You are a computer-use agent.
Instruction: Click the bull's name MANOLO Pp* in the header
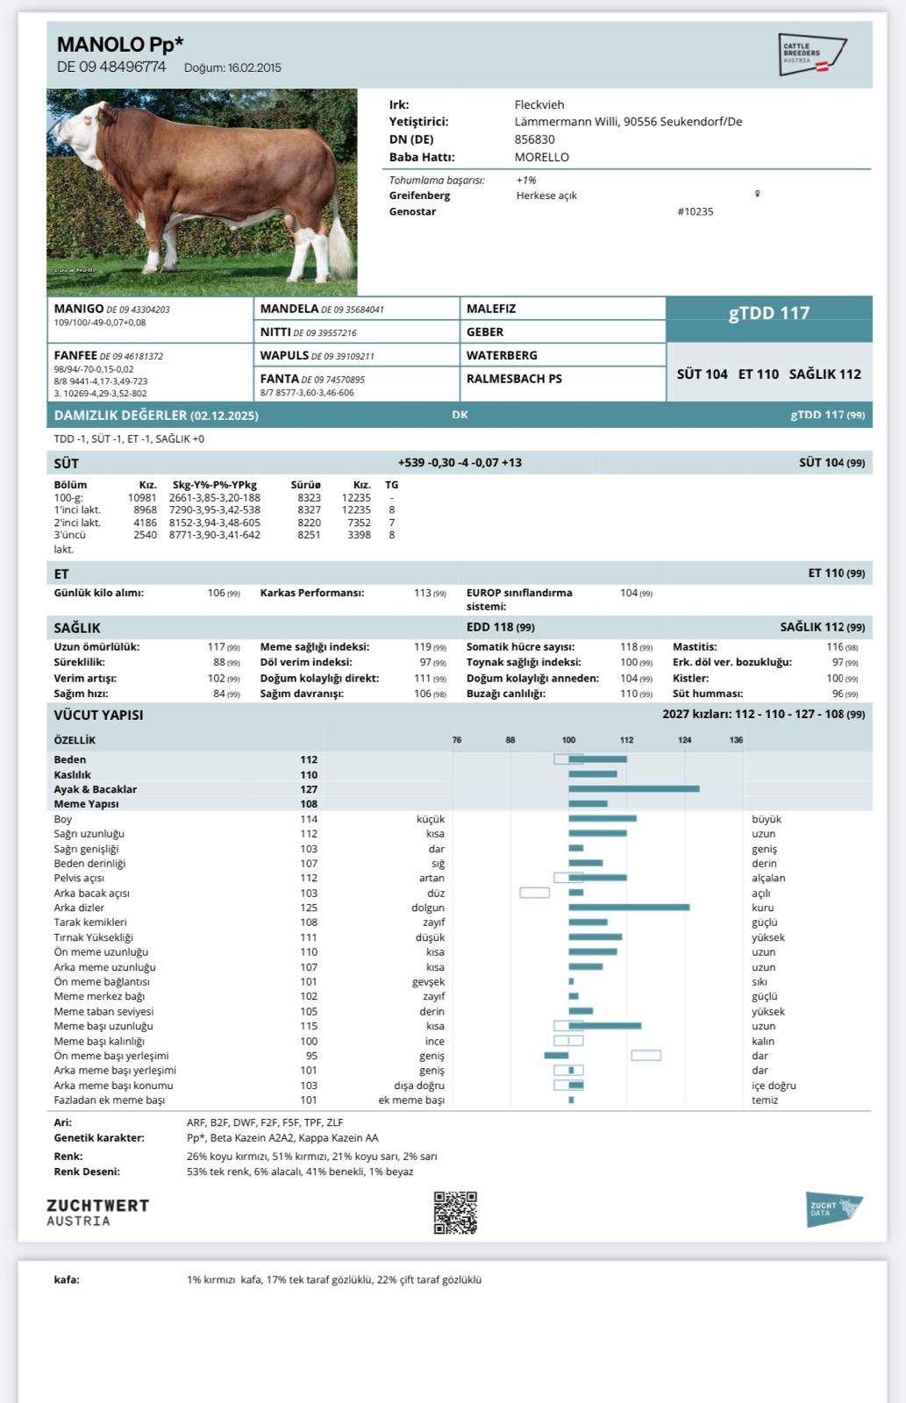click(x=120, y=45)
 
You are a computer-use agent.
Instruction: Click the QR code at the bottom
click(x=455, y=1213)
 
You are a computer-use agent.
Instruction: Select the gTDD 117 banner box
click(x=768, y=313)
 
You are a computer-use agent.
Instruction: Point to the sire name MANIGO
click(x=78, y=309)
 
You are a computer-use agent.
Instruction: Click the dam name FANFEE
click(x=75, y=355)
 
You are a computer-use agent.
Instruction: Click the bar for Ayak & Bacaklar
click(x=633, y=789)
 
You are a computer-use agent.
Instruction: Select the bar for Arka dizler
click(x=629, y=908)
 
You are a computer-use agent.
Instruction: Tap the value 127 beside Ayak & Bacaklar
click(x=309, y=789)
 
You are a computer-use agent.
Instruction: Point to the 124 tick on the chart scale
click(x=684, y=740)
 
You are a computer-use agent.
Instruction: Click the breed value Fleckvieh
click(x=539, y=104)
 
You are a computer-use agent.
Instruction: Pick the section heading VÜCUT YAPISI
click(x=98, y=715)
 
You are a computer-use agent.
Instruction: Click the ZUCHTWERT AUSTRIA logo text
click(x=97, y=1213)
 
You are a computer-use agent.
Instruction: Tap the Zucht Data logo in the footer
click(x=833, y=1208)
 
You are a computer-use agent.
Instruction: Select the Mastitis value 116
click(x=835, y=647)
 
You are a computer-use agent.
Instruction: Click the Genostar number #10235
click(x=696, y=211)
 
